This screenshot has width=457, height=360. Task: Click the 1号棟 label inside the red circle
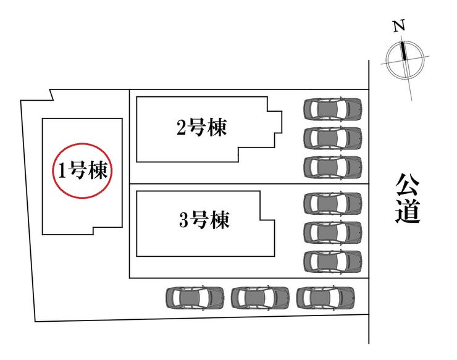pyautogui.click(x=84, y=170)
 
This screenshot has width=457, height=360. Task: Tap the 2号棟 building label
pyautogui.click(x=201, y=128)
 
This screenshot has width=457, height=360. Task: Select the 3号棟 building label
pyautogui.click(x=204, y=220)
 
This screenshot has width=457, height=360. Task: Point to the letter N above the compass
pyautogui.click(x=400, y=27)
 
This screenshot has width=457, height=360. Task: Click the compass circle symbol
pyautogui.click(x=405, y=59)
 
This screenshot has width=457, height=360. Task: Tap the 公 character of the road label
pyautogui.click(x=408, y=186)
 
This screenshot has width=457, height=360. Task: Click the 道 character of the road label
pyautogui.click(x=408, y=211)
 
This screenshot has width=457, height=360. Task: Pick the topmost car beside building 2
pyautogui.click(x=333, y=109)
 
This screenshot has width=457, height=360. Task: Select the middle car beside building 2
pyautogui.click(x=333, y=138)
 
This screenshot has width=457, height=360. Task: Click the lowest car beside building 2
pyautogui.click(x=333, y=167)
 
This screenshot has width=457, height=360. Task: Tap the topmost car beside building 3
pyautogui.click(x=333, y=203)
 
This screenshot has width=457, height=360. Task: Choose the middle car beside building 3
pyautogui.click(x=333, y=232)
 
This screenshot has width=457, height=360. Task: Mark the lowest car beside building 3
pyautogui.click(x=333, y=261)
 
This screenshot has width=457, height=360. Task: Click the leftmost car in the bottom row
pyautogui.click(x=195, y=298)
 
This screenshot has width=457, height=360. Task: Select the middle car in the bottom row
pyautogui.click(x=260, y=298)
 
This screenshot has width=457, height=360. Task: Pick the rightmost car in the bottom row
pyautogui.click(x=325, y=298)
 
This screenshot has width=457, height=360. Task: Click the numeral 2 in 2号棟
pyautogui.click(x=182, y=128)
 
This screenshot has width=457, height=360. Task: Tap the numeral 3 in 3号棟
pyautogui.click(x=184, y=220)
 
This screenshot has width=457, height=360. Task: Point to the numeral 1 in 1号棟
pyautogui.click(x=62, y=171)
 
